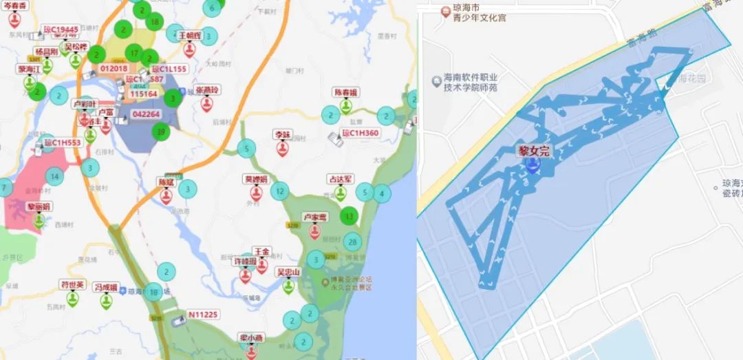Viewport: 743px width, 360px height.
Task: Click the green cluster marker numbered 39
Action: pyautogui.click(x=162, y=131)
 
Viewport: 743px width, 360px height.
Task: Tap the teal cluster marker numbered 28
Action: pyautogui.click(x=353, y=242)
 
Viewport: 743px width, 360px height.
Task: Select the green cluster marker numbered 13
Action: pyautogui.click(x=350, y=216)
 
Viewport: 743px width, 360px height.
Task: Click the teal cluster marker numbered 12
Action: pyautogui.click(x=279, y=191)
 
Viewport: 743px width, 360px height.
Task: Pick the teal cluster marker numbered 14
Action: pyautogui.click(x=54, y=177)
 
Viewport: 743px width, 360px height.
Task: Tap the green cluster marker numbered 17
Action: pyautogui.click(x=134, y=53)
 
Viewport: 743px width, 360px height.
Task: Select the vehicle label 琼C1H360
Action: pyautogui.click(x=360, y=133)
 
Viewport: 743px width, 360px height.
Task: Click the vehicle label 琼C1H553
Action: pyautogui.click(x=63, y=143)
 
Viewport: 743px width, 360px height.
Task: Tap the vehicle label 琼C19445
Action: pyautogui.click(x=61, y=30)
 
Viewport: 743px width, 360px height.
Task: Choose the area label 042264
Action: pyautogui.click(x=146, y=114)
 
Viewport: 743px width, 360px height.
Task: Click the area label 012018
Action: pyautogui.click(x=114, y=68)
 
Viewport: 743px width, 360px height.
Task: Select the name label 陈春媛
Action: pyautogui.click(x=346, y=92)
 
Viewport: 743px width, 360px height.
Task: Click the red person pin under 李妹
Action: pyautogui.click(x=283, y=148)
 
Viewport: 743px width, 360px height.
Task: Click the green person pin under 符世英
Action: pyautogui.click(x=72, y=299)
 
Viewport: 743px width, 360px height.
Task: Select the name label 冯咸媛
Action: pyautogui.click(x=106, y=287)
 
